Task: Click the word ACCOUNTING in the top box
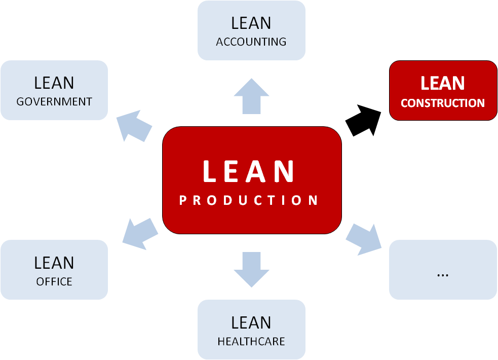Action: pos(251,42)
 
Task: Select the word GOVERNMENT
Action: pos(54,101)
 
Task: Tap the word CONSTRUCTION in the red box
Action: pos(442,103)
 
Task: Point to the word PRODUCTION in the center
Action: pos(249,200)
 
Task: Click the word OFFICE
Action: pos(54,281)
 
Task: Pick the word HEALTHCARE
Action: pos(251,341)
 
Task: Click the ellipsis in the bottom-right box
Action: pos(442,273)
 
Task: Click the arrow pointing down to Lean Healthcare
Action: pos(251,269)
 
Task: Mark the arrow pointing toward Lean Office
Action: pos(140,233)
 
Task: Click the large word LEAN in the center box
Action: pos(249,171)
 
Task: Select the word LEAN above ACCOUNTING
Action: pos(251,23)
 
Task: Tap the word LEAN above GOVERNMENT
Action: pos(54,83)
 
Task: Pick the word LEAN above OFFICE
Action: pos(54,263)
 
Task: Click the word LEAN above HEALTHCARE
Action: pos(251,322)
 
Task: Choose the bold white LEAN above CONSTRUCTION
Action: pos(442,83)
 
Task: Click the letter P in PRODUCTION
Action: pos(183,200)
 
